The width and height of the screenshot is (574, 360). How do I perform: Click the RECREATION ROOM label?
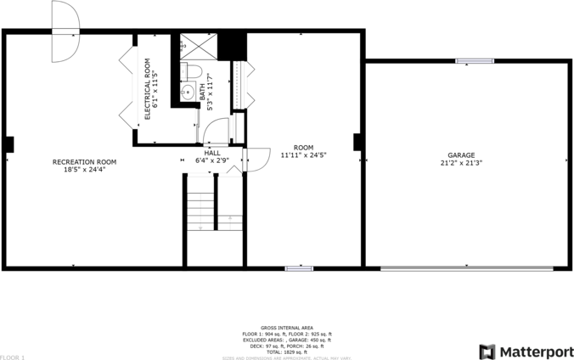click(x=84, y=161)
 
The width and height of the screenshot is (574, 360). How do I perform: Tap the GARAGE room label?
click(x=461, y=155)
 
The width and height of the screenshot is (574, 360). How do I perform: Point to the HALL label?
click(x=211, y=153)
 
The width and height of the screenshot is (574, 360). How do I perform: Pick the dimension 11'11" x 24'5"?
click(x=303, y=155)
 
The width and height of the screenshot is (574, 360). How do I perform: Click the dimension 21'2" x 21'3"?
click(x=461, y=163)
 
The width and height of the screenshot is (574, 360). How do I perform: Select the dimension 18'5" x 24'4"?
click(x=84, y=169)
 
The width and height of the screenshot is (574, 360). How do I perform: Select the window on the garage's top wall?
click(x=475, y=60)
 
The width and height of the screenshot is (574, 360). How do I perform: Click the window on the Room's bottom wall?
click(x=299, y=268)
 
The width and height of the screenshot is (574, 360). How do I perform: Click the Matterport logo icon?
click(x=487, y=351)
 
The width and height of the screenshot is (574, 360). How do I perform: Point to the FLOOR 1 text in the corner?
click(x=13, y=357)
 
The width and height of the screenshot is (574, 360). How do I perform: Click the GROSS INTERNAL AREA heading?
click(x=286, y=328)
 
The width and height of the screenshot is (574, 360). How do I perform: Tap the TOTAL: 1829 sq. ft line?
click(x=286, y=352)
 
